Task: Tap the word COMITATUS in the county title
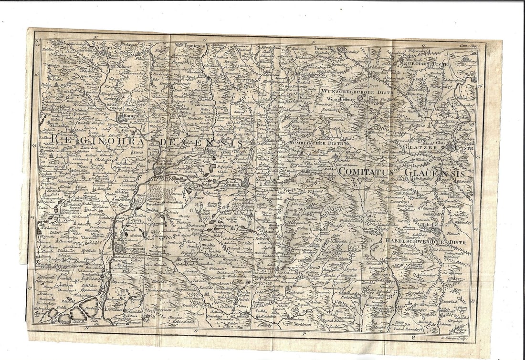pyautogui.click(x=370, y=171)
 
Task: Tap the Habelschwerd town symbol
pyautogui.click(x=436, y=231)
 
